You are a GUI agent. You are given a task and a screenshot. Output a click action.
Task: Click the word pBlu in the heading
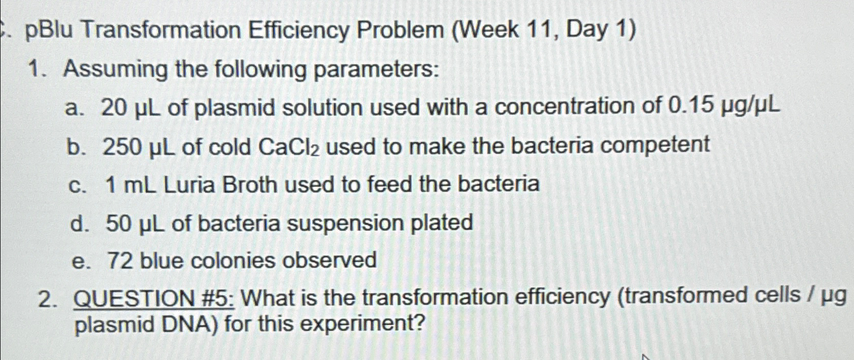coord(50,32)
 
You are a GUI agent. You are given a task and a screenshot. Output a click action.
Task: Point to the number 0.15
coord(690,106)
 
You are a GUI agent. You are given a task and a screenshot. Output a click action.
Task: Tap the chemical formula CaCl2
coord(290,147)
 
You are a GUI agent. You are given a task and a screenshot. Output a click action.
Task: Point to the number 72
coord(120,261)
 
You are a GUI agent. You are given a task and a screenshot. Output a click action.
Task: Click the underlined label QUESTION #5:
coord(154,299)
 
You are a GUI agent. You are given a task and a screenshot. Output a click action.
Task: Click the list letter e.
coord(78,262)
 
